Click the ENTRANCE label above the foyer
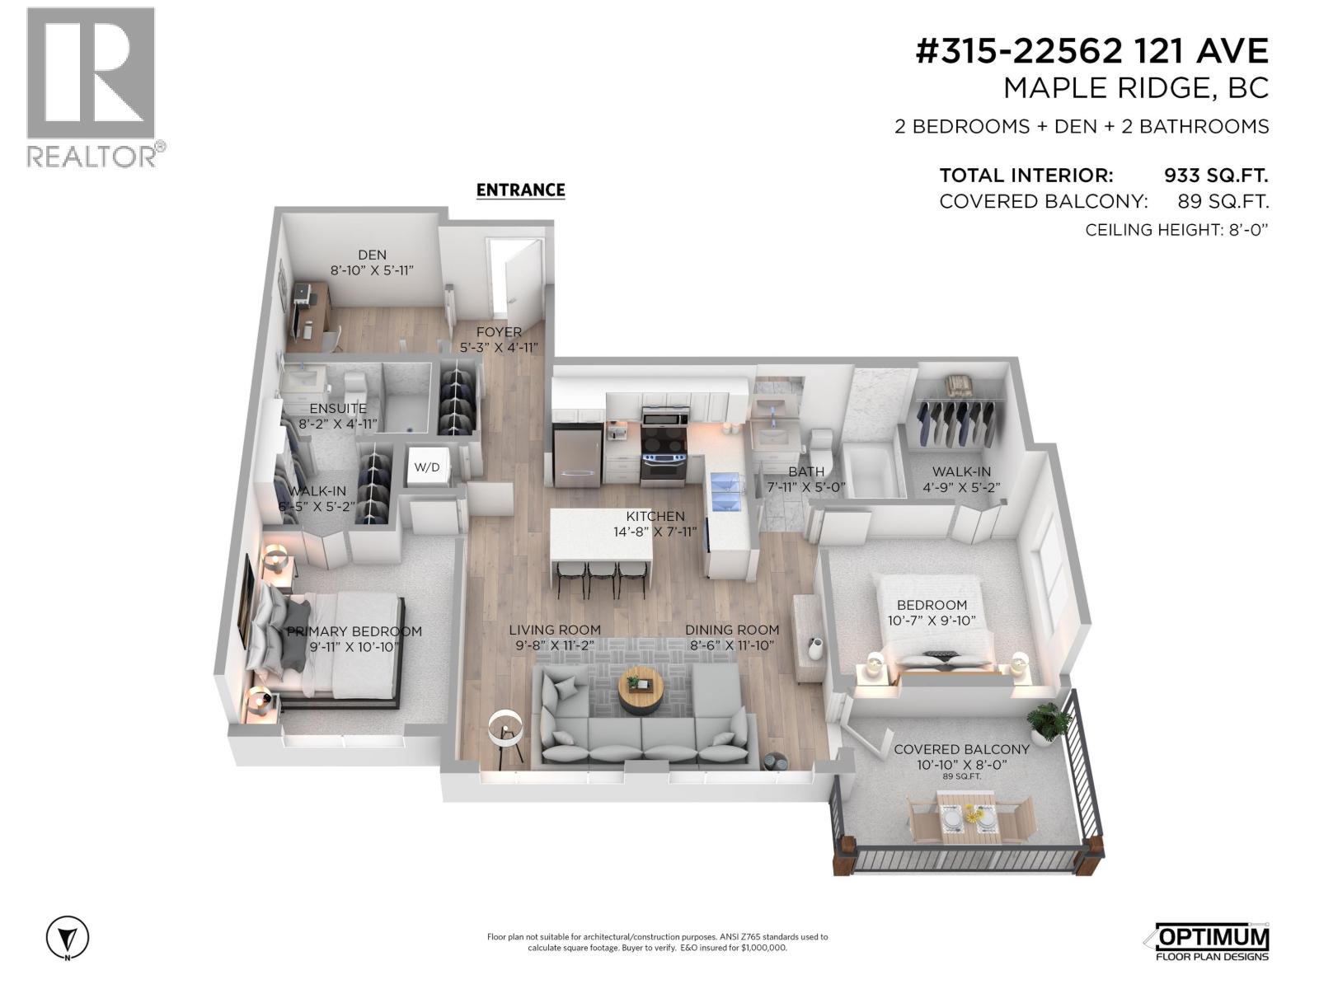(x=520, y=190)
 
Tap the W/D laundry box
(x=426, y=467)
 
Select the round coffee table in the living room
(x=641, y=691)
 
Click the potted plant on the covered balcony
(x=1048, y=721)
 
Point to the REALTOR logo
(x=92, y=87)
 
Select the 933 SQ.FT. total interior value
(x=1215, y=176)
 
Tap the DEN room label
(x=372, y=255)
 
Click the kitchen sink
(x=726, y=490)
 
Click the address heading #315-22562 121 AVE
(x=1091, y=52)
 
